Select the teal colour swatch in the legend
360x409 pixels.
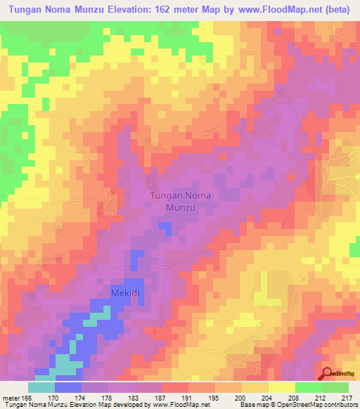41,387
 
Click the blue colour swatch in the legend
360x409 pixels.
68,387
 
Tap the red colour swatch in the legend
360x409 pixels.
175,387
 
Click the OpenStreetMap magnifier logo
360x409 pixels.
328,373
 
